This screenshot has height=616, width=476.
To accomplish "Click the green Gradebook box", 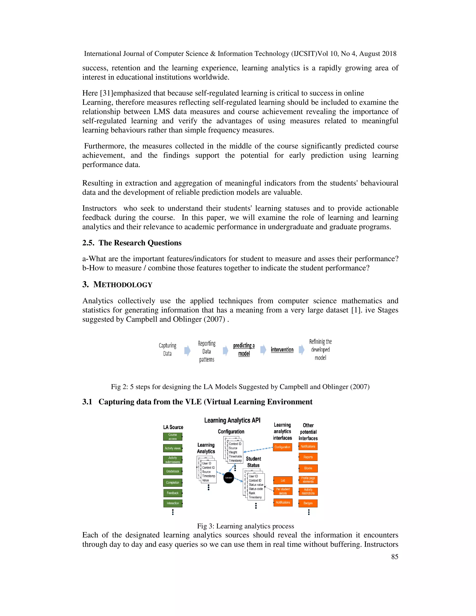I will click(173, 471).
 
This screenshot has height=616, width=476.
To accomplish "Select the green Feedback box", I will click(173, 493).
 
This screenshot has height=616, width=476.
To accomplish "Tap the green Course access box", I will click(173, 437).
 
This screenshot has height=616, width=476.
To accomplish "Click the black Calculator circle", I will click(228, 477).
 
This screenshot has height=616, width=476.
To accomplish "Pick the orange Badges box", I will click(308, 503).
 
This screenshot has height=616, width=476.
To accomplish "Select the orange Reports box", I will click(308, 457).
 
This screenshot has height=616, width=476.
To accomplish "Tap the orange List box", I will click(283, 480).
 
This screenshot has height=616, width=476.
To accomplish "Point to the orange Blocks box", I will click(308, 468).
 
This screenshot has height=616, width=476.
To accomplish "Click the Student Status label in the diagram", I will click(253, 462).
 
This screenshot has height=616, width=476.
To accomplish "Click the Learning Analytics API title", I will click(232, 420).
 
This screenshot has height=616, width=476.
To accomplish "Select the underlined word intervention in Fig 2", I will click(282, 350).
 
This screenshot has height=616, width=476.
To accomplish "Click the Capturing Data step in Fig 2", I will click(168, 349).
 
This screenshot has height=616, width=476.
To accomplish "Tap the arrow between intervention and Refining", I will click(301, 350).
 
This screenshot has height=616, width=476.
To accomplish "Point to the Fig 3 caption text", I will click(245, 526).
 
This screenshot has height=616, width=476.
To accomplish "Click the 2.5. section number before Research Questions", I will click(88, 243).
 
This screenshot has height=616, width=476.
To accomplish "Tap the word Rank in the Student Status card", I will click(252, 493).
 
